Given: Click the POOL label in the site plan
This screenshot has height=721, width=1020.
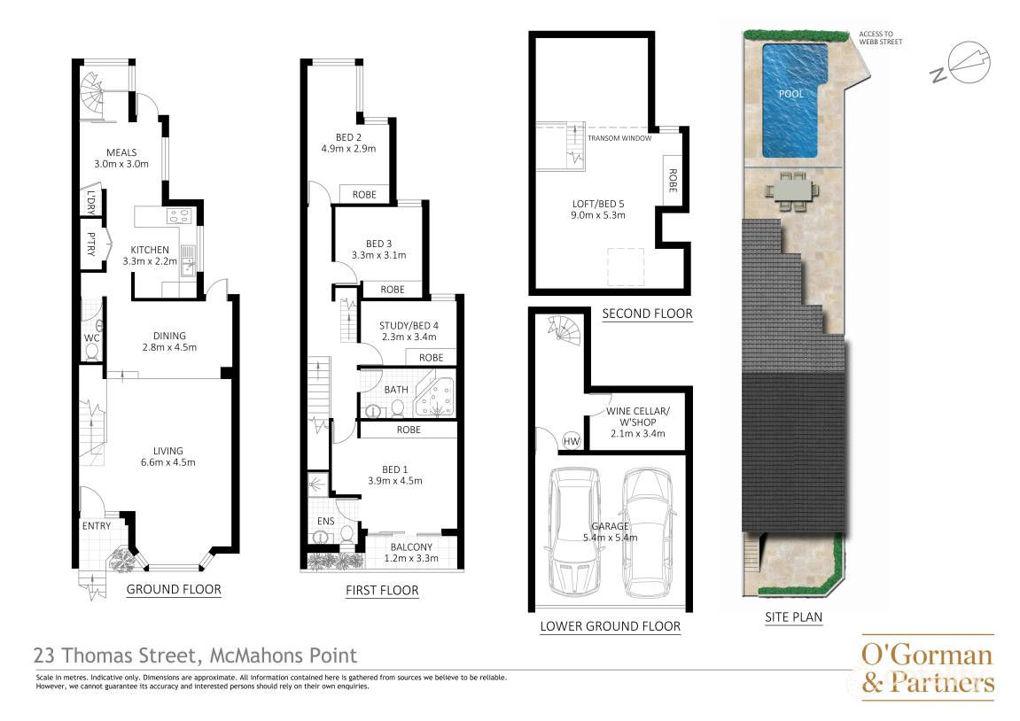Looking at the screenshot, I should (x=791, y=94).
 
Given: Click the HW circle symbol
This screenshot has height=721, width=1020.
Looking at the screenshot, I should (x=572, y=441).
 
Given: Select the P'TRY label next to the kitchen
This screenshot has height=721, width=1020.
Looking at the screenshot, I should (x=91, y=244).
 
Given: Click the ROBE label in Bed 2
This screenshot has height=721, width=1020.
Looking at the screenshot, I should (x=364, y=194).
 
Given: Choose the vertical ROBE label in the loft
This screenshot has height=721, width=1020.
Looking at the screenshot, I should (x=673, y=181).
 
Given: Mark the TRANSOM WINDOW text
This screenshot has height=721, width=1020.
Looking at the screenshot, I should (x=619, y=138).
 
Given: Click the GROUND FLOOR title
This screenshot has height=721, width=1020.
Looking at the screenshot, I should (x=173, y=589).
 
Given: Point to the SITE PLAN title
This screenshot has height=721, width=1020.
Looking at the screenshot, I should (x=793, y=617).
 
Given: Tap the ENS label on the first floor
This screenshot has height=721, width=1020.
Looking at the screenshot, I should (x=325, y=521).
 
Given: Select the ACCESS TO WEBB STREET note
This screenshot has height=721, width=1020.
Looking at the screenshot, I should (x=880, y=38).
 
